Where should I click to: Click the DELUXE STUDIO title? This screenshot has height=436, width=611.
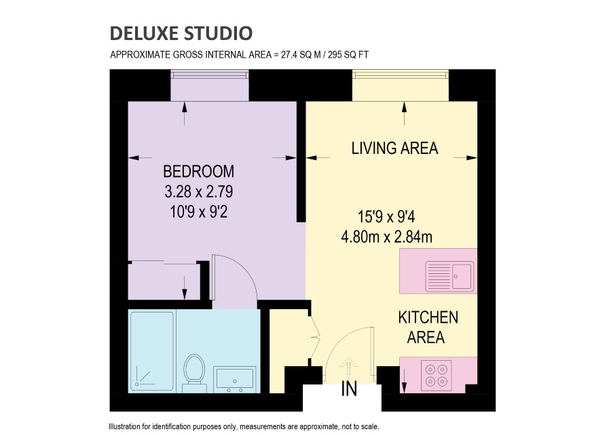(x=181, y=33)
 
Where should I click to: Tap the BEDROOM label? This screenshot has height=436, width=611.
(x=199, y=172)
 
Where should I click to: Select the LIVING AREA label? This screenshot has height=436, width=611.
(x=394, y=148)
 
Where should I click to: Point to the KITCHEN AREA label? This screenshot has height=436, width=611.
(x=428, y=328)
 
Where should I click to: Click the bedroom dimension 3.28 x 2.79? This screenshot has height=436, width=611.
(x=199, y=191)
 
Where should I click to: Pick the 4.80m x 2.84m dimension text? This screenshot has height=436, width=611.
(x=386, y=237)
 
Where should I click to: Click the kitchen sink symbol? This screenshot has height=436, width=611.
(x=449, y=277)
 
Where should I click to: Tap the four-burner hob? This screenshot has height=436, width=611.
(x=437, y=375)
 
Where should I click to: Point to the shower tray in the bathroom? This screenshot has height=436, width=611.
(x=152, y=351)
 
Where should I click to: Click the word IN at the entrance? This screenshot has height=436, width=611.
(x=349, y=389)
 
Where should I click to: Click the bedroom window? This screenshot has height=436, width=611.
(x=210, y=74)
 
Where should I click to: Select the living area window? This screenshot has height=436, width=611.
(x=401, y=74)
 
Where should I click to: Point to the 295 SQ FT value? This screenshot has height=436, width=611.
(x=348, y=54)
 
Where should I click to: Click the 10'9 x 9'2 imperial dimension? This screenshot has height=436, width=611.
(x=199, y=212)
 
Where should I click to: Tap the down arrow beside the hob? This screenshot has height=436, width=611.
(x=404, y=380)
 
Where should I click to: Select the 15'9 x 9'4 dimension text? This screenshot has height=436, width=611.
(x=386, y=216)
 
